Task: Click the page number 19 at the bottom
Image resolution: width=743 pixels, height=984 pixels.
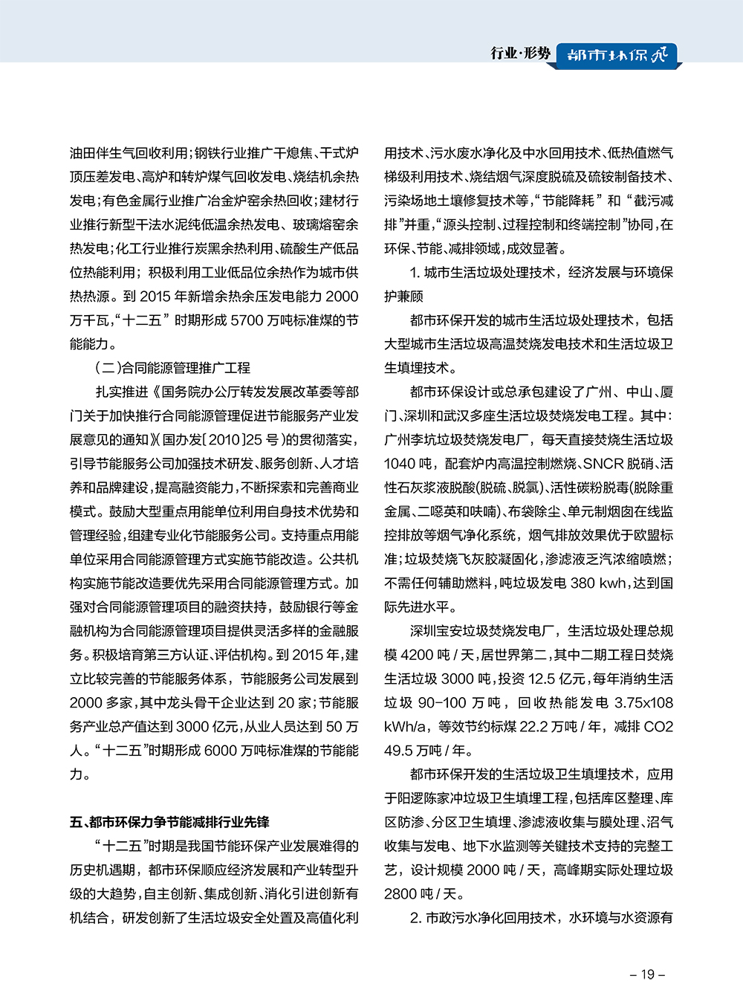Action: [x=646, y=974]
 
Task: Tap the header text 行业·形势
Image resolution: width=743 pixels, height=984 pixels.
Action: [x=520, y=53]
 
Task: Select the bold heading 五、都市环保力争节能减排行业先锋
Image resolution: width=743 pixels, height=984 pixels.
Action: [x=169, y=822]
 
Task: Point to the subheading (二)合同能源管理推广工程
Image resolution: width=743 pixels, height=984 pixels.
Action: [x=172, y=368]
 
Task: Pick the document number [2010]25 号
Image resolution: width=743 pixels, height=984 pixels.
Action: [x=245, y=440]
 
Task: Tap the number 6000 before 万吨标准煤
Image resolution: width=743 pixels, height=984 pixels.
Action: [x=221, y=751]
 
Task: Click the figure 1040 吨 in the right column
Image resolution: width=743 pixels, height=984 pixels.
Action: [x=409, y=464]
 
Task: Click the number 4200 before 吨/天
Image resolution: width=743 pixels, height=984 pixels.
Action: [x=417, y=655]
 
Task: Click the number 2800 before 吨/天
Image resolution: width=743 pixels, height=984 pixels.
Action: [x=400, y=894]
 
